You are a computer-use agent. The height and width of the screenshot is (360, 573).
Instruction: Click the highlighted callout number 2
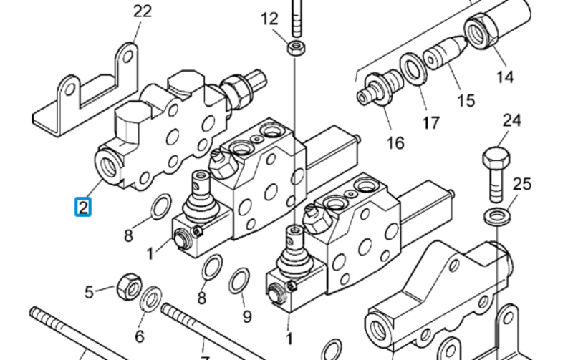pos(83,207)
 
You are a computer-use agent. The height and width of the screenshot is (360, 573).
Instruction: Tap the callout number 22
pos(142,11)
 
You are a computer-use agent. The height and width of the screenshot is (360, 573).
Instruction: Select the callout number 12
pos(269,19)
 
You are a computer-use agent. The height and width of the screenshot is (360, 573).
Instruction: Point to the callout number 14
pos(505,77)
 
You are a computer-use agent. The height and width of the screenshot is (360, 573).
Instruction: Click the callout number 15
pos(466,100)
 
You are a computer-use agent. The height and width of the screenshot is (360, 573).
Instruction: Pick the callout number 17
pos(431,122)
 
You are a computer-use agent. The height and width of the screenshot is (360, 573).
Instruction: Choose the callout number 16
pos(395,142)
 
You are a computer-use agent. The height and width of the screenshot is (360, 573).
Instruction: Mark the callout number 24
pos(511,120)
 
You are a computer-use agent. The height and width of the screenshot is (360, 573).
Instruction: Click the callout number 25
pos(522,184)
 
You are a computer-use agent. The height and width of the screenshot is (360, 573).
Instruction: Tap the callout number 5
pos(89,292)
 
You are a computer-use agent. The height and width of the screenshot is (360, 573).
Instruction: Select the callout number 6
pos(139,336)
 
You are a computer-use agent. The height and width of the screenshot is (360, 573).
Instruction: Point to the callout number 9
pos(247,316)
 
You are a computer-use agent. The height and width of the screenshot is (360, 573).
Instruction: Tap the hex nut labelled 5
pos(129,287)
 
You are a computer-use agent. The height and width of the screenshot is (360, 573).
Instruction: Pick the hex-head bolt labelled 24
pos(496,174)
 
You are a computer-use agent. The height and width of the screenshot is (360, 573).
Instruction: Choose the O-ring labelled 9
pos(239,281)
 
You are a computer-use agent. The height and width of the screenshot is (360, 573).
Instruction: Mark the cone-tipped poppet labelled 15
pos(445,52)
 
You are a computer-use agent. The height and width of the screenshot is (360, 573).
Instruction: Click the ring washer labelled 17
pos(413,69)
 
